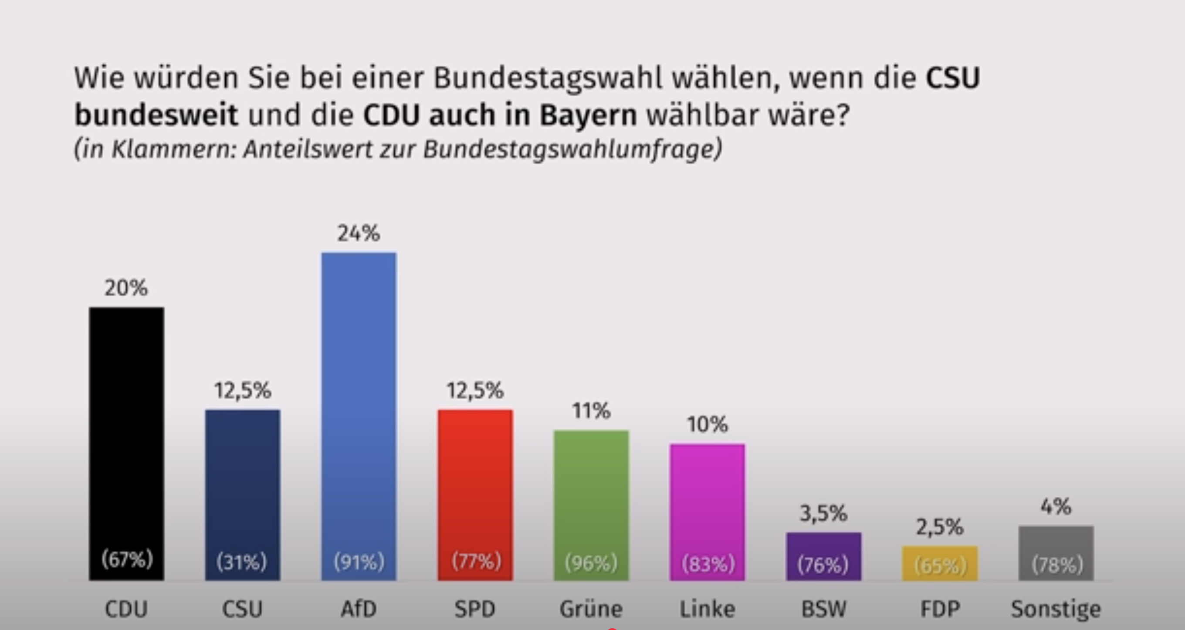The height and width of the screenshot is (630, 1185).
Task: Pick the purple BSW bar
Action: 823,556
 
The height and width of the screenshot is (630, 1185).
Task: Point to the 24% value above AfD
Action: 359,234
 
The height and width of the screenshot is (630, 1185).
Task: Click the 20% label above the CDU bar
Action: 126,288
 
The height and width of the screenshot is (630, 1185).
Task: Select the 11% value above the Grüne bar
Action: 591,410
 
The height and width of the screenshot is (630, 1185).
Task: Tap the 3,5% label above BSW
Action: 823,514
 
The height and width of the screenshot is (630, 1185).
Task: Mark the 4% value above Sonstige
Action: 1056,507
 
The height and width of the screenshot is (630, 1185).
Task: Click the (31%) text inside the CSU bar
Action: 242,562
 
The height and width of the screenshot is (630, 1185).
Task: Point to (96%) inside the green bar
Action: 591,563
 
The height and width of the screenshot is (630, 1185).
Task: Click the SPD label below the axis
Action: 475,609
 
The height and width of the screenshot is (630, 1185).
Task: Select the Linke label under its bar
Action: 708,609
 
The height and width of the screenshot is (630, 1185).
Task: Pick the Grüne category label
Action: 591,609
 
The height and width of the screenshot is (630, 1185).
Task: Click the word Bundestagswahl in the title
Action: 548,78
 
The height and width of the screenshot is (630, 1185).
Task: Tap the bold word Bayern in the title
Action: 588,115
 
